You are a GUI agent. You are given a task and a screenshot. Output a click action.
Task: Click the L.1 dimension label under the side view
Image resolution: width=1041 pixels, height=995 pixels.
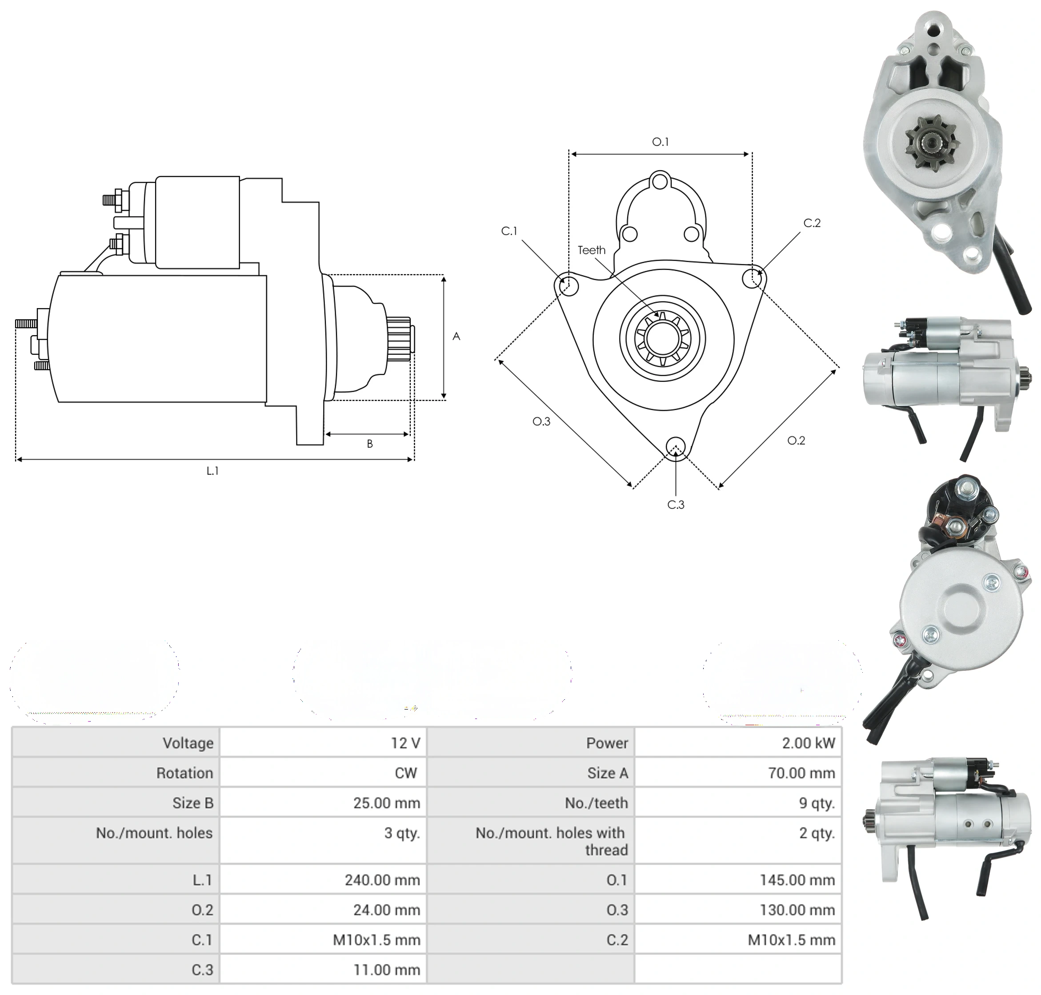(212, 470)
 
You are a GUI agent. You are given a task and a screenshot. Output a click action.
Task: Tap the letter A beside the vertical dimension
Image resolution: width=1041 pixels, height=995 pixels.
(456, 336)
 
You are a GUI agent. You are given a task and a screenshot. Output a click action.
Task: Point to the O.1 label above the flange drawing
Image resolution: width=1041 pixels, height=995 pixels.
(660, 142)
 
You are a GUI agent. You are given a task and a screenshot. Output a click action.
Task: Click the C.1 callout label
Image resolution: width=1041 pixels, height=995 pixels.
(509, 231)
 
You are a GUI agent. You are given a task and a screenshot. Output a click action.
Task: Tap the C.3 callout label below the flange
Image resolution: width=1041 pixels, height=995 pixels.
(676, 505)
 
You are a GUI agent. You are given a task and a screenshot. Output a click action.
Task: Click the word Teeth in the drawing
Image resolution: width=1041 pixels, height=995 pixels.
(591, 250)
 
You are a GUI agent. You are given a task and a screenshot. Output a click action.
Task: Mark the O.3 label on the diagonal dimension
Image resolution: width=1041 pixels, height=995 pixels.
(541, 421)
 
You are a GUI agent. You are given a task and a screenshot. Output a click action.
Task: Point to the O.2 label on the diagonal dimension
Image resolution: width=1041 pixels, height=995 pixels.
(796, 440)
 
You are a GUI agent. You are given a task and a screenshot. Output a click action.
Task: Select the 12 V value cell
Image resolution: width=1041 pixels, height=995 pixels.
(406, 743)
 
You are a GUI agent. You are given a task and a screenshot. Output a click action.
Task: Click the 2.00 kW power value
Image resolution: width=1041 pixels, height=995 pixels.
(808, 743)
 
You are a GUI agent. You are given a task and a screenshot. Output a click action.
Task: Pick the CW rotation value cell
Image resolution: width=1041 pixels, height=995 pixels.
(406, 773)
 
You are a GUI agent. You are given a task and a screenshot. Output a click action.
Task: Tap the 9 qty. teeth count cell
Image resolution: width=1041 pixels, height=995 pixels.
(817, 803)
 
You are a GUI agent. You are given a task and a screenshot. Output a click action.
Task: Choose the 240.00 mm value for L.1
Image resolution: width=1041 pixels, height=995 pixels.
(382, 880)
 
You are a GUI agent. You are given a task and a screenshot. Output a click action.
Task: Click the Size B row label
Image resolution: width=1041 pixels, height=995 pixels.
(192, 803)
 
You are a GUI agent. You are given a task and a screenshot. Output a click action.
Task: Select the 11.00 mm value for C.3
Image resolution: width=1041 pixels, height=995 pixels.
(387, 970)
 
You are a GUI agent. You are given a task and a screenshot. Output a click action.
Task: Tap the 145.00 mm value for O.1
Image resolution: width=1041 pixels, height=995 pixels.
(797, 880)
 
